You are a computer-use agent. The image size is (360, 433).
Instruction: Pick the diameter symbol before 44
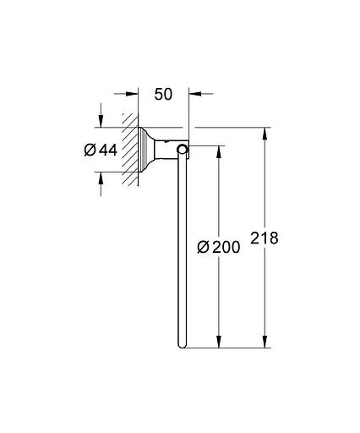tap(90, 151)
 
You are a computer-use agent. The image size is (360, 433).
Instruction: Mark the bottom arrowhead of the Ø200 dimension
tap(221, 343)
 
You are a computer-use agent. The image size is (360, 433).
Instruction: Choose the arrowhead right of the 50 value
tap(194, 95)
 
